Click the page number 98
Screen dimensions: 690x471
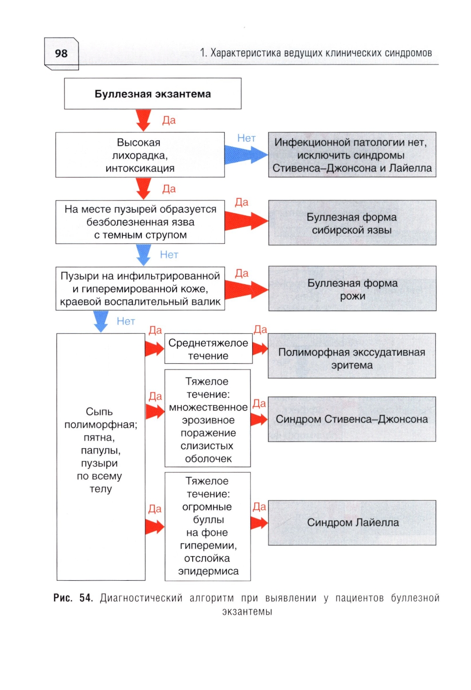pos(61,54)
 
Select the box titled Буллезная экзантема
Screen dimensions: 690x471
pos(153,94)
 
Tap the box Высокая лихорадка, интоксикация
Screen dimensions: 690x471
pos(140,155)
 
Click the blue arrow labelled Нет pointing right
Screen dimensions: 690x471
pos(245,154)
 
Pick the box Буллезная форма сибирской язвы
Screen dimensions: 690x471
pos(352,223)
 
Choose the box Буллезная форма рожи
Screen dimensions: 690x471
pos(352,289)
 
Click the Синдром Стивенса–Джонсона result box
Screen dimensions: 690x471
pos(351,419)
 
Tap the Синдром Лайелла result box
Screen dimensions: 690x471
pos(352,523)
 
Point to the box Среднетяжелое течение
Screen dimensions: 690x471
pos(208,349)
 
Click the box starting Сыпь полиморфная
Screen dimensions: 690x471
pos(101,457)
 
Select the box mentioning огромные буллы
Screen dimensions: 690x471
pos(208,526)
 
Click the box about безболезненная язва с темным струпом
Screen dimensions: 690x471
pos(140,222)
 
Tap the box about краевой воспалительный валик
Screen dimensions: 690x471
pos(140,289)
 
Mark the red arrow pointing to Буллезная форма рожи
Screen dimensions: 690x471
pos(246,289)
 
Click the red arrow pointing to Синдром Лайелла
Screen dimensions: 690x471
pos(259,523)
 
